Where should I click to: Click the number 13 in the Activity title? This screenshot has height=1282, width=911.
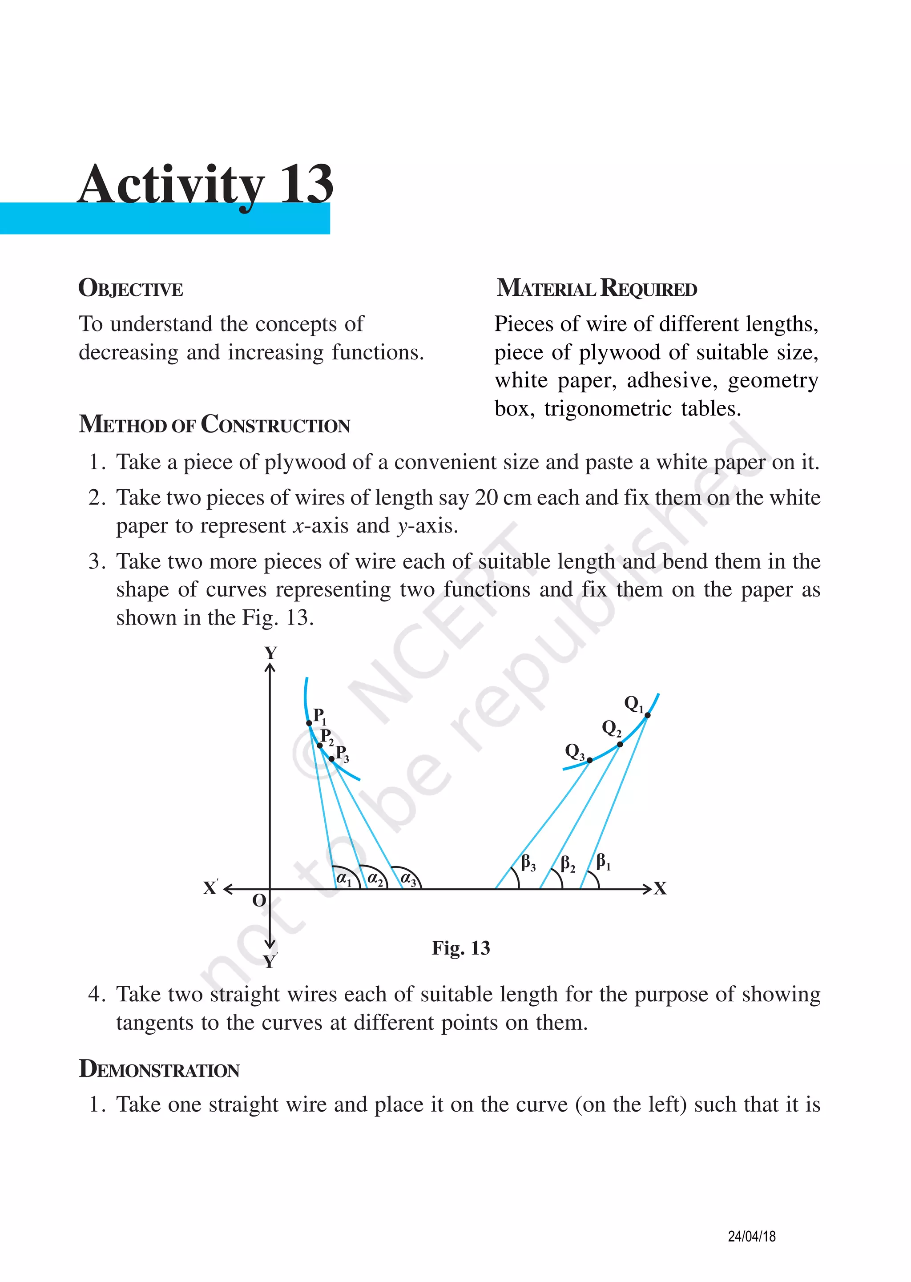306,185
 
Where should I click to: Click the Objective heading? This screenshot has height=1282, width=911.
131,289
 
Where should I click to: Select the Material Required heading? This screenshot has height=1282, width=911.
597,288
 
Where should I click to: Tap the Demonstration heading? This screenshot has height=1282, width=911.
159,1069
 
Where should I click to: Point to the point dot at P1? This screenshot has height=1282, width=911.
309,723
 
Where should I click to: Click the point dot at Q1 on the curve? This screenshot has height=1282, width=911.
647,715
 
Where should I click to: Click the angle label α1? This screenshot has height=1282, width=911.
343,878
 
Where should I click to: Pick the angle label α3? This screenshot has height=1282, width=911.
408,879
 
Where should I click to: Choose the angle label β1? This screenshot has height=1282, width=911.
603,861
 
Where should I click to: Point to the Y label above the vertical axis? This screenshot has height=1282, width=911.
270,653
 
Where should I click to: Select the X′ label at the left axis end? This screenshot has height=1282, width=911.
210,888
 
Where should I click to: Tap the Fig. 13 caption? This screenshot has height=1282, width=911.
460,948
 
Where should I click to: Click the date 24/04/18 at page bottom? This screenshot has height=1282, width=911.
751,1236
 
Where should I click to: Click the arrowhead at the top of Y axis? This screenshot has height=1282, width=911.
270,667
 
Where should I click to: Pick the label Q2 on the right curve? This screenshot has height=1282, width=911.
611,728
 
